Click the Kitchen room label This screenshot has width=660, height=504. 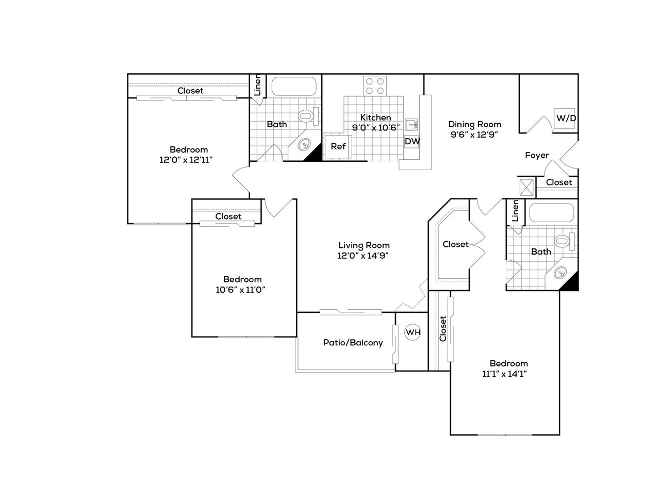pyautogui.click(x=375, y=117)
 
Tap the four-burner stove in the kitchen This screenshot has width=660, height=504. pyautogui.click(x=375, y=86)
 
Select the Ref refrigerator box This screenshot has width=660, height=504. pyautogui.click(x=337, y=146)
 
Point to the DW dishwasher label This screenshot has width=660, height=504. pyautogui.click(x=412, y=141)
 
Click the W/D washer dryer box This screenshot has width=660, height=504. pyautogui.click(x=564, y=119)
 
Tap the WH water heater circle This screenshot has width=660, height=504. pyautogui.click(x=412, y=332)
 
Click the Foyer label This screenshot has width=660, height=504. pyautogui.click(x=537, y=156)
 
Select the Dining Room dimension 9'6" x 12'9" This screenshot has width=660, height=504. pyautogui.click(x=474, y=135)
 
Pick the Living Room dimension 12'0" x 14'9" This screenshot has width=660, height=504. pyautogui.click(x=363, y=256)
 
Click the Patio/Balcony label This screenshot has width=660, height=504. pyautogui.click(x=353, y=343)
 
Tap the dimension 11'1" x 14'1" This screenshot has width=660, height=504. pyautogui.click(x=505, y=374)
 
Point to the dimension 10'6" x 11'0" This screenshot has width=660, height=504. pyautogui.click(x=240, y=290)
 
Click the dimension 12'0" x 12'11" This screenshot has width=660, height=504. pyautogui.click(x=186, y=160)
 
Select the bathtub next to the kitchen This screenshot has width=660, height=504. pyautogui.click(x=294, y=86)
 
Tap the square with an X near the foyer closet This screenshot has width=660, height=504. pyautogui.click(x=526, y=187)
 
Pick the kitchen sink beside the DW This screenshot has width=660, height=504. pyautogui.click(x=411, y=124)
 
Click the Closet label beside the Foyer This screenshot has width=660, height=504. pyautogui.click(x=558, y=182)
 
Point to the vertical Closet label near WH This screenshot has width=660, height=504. pyautogui.click(x=442, y=328)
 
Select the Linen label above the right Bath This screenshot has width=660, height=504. pyautogui.click(x=515, y=211)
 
